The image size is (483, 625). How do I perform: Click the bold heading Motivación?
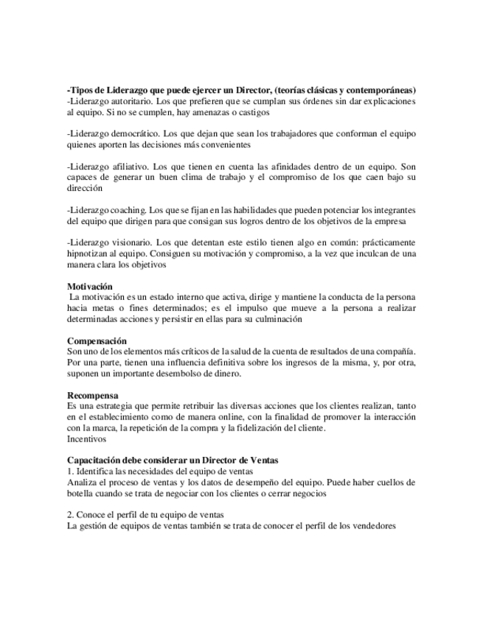(89, 285)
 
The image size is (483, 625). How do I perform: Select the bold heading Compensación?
(97, 341)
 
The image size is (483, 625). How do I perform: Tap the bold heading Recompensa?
(93, 395)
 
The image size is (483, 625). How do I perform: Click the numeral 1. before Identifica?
(70, 471)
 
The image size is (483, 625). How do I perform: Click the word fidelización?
(266, 427)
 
